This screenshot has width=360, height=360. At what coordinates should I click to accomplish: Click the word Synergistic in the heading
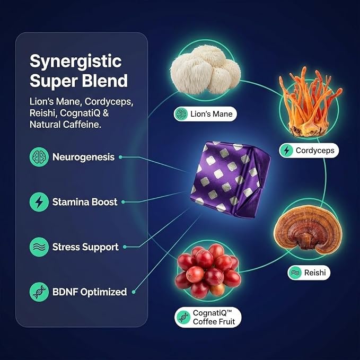coord(75,62)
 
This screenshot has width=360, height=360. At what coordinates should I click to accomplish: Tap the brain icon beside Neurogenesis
coord(39,157)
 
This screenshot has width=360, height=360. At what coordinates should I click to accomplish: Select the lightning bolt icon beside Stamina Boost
coord(39,202)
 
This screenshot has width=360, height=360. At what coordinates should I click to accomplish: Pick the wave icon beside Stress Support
coord(39,247)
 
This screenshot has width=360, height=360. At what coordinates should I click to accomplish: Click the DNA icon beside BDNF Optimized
coord(39,292)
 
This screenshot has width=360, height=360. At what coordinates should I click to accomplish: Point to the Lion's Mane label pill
coord(205,114)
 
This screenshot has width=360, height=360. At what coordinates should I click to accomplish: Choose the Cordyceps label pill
coord(309,151)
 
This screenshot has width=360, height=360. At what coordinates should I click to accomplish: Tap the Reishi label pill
coord(309,273)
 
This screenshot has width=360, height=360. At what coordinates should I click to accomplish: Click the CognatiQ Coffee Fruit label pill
coord(208,317)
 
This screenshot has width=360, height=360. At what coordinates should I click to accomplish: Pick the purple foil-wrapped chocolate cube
coord(230,180)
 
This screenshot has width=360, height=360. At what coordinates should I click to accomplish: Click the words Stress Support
coord(85,247)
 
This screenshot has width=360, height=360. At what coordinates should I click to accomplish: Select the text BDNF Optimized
coord(90,292)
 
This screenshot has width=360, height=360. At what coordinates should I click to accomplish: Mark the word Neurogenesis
coord(83,157)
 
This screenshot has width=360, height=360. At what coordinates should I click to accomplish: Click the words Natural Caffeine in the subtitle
coord(65,125)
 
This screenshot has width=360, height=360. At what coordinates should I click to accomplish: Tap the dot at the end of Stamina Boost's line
coord(123,202)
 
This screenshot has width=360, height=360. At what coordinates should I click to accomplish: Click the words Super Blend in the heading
coord(78,81)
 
